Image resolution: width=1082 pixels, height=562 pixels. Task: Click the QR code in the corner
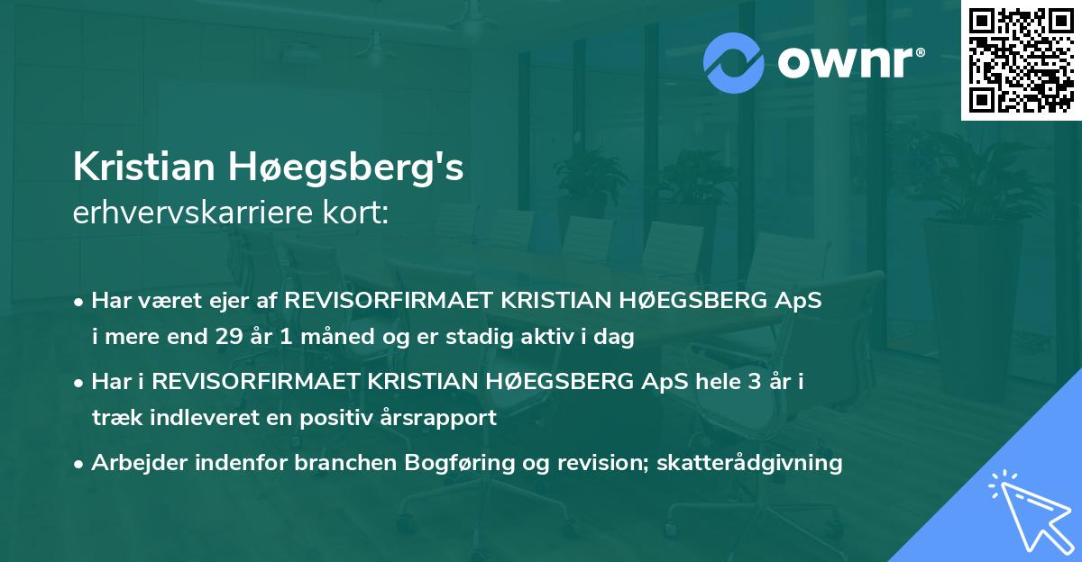(x=1021, y=60)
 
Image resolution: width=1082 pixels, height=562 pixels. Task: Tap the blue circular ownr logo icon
(x=733, y=62)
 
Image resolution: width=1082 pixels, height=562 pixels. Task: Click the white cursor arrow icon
(x=1027, y=509)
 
